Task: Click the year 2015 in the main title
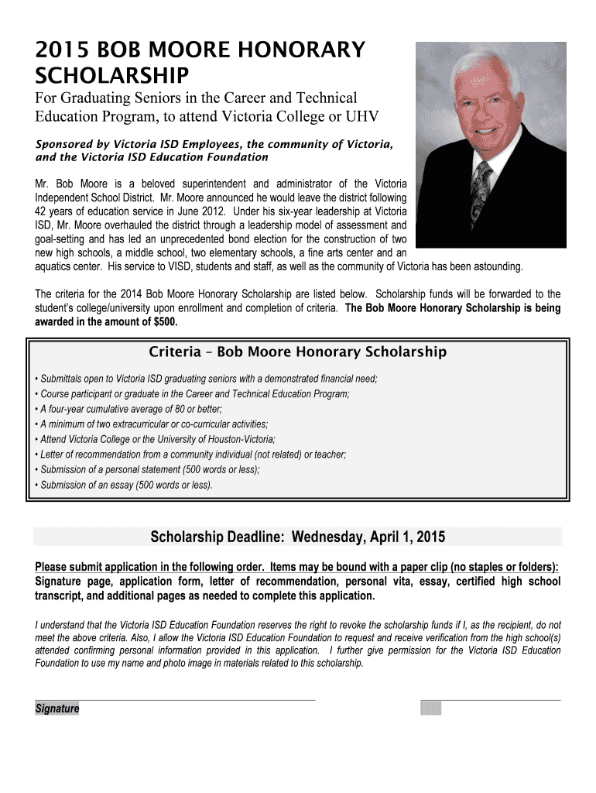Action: pyautogui.click(x=59, y=50)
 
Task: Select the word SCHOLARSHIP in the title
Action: pyautogui.click(x=112, y=76)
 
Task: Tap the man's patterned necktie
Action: pyautogui.click(x=481, y=193)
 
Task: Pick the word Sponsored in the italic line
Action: pyautogui.click(x=66, y=144)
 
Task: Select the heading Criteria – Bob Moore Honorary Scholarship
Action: pyautogui.click(x=297, y=352)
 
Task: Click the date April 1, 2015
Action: pyautogui.click(x=406, y=537)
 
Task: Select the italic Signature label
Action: pyautogui.click(x=57, y=709)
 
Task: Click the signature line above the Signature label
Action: pyautogui.click(x=175, y=700)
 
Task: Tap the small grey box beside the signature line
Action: pyautogui.click(x=430, y=708)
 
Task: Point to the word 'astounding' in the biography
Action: pyautogui.click(x=495, y=267)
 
